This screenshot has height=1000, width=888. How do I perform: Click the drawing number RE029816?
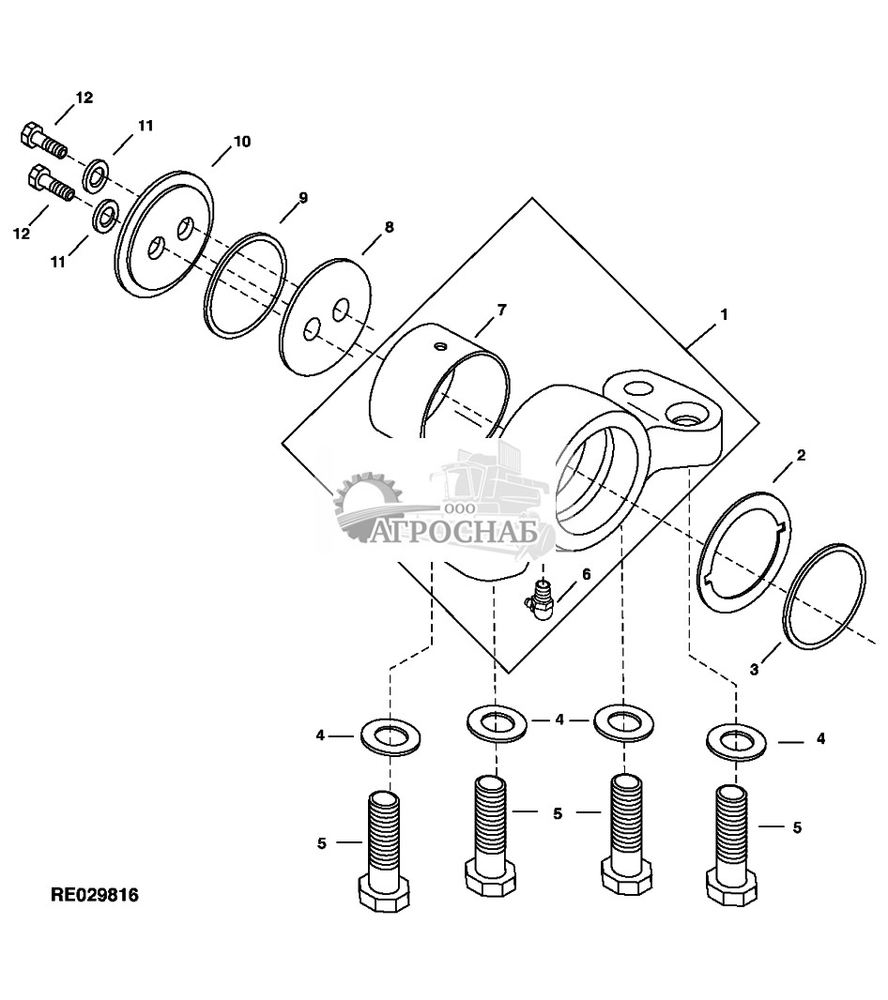94,895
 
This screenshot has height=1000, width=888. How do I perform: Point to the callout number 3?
754,669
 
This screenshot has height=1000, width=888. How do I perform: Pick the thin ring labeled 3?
824,595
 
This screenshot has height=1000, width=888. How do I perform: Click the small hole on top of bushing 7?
438,348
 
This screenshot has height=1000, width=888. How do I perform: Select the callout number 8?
389,227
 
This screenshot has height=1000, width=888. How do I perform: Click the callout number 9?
302,197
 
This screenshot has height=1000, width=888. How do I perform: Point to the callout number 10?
242,142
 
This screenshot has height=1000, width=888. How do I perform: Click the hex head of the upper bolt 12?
30,133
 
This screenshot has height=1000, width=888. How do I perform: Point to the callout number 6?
586,574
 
